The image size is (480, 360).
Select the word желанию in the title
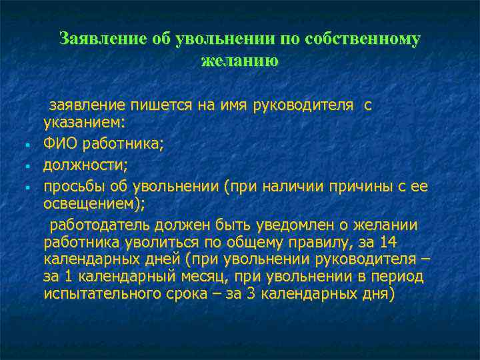click(239, 61)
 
